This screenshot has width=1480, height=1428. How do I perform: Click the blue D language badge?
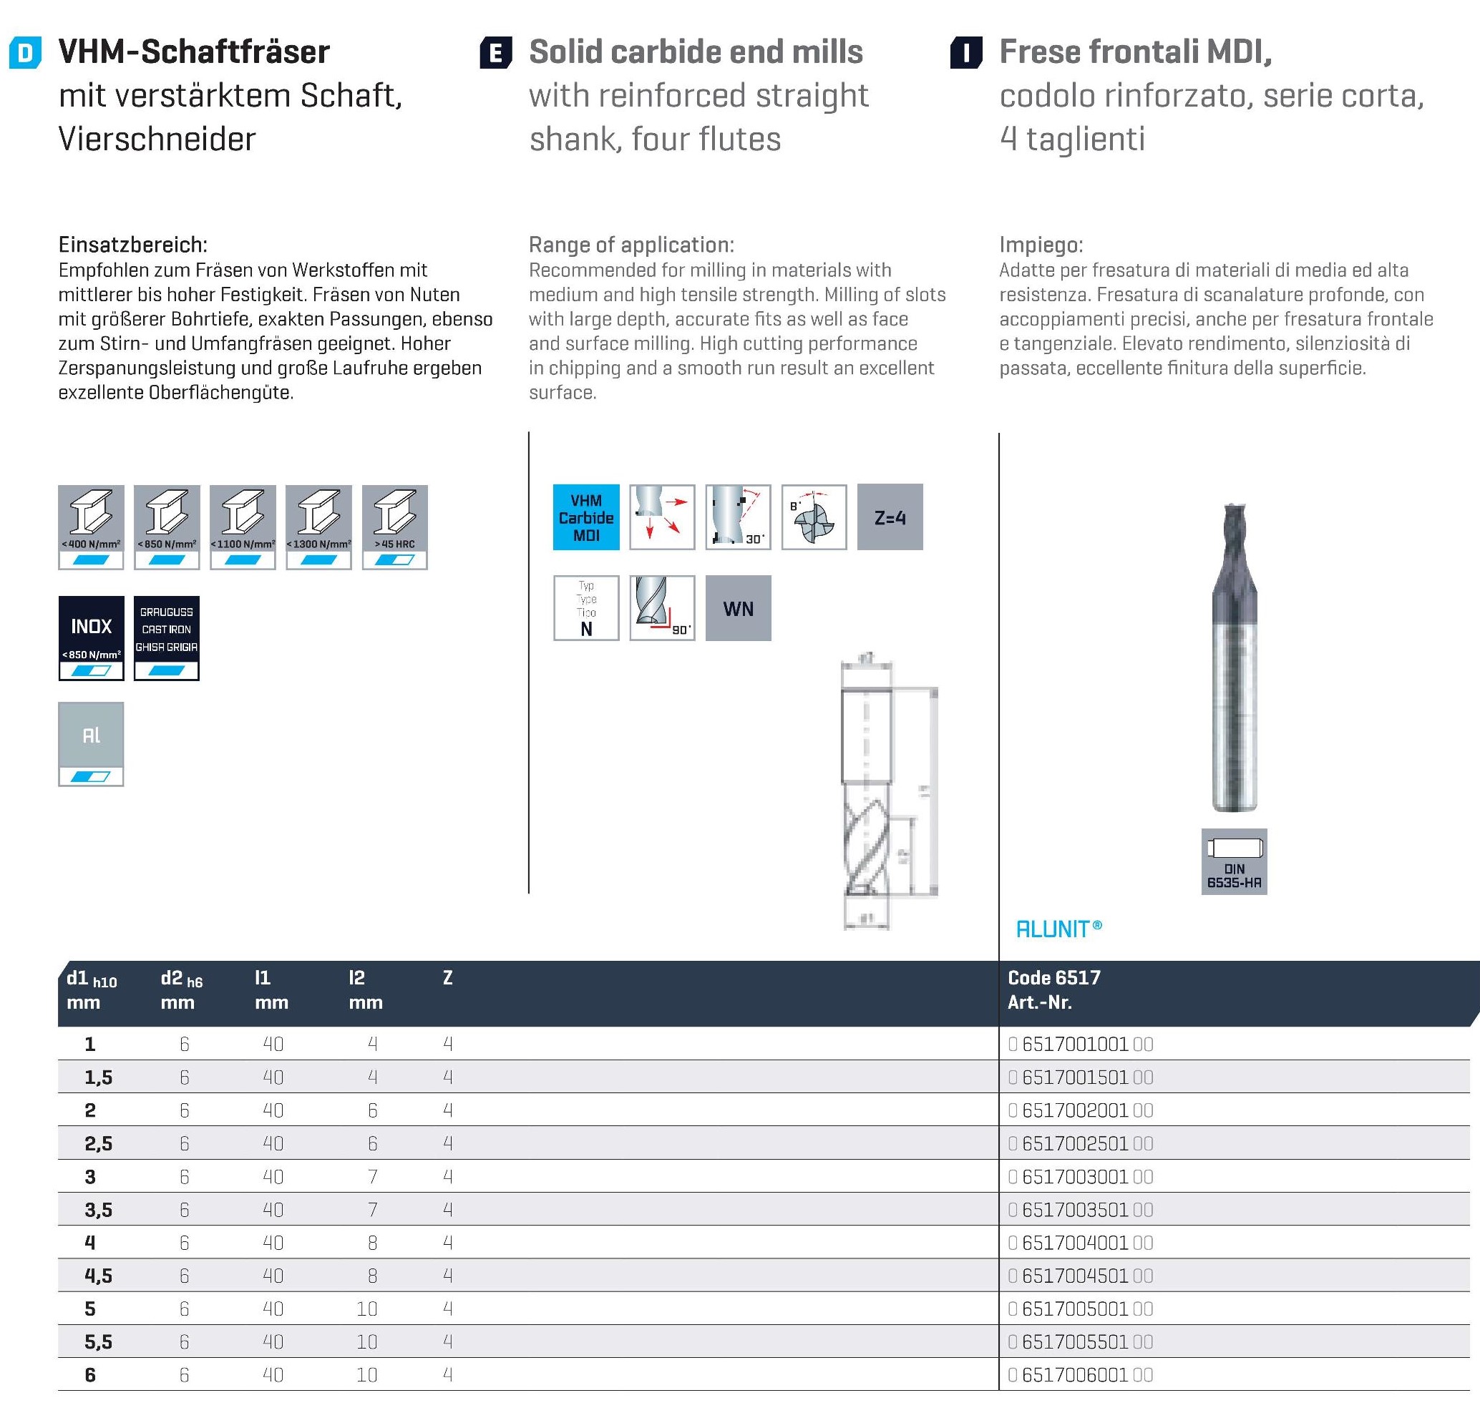(24, 54)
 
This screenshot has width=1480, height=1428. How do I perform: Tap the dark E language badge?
(495, 54)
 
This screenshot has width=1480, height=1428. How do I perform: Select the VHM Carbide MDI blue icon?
(586, 518)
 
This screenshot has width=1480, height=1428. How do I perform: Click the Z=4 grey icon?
(890, 518)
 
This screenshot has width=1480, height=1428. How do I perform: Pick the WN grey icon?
(738, 608)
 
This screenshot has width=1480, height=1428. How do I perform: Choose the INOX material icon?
(92, 637)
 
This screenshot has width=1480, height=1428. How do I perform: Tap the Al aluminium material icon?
(92, 744)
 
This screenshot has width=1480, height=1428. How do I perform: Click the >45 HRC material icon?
(394, 527)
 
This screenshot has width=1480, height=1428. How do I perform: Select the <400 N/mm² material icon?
(92, 527)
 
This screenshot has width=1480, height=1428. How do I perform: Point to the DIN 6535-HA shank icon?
(1234, 861)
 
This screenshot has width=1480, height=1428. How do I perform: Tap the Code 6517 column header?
(1054, 978)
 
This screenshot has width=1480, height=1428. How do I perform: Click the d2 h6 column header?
(181, 979)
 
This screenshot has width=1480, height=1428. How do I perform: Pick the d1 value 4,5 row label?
(98, 1276)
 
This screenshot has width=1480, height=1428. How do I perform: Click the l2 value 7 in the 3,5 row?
(372, 1210)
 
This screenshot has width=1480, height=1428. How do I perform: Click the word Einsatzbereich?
(132, 245)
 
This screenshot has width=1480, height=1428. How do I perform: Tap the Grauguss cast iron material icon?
(167, 637)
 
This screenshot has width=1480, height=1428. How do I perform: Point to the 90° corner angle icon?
(661, 608)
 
